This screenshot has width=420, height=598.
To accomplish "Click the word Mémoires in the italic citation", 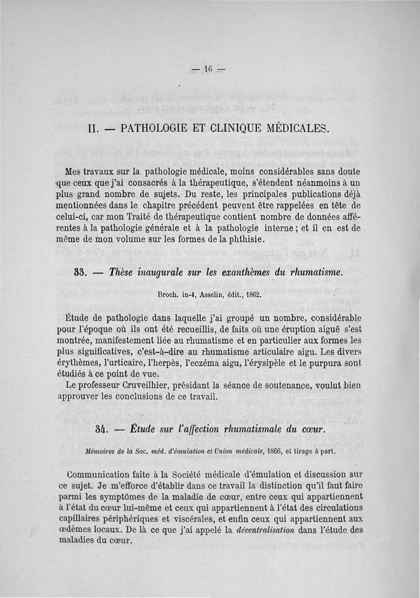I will (103, 451).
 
